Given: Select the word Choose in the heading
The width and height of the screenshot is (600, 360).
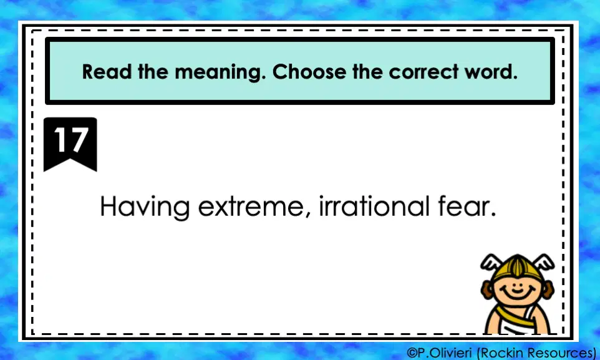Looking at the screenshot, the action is [309, 72].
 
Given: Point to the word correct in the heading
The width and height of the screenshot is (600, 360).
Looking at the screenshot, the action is [423, 72].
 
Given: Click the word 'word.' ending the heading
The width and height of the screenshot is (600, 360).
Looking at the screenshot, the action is [491, 72].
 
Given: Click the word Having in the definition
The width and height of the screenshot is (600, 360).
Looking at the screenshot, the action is [145, 207].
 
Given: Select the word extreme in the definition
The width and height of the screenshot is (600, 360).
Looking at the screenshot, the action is [251, 207].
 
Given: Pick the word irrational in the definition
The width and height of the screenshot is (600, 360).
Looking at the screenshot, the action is [374, 206].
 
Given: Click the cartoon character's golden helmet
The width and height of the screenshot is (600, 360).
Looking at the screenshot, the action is [517, 267].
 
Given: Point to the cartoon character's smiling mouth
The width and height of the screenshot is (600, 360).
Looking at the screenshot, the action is [517, 294].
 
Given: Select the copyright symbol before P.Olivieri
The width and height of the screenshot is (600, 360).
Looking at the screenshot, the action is [412, 353].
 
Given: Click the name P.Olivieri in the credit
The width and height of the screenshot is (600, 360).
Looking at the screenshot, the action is [445, 353].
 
